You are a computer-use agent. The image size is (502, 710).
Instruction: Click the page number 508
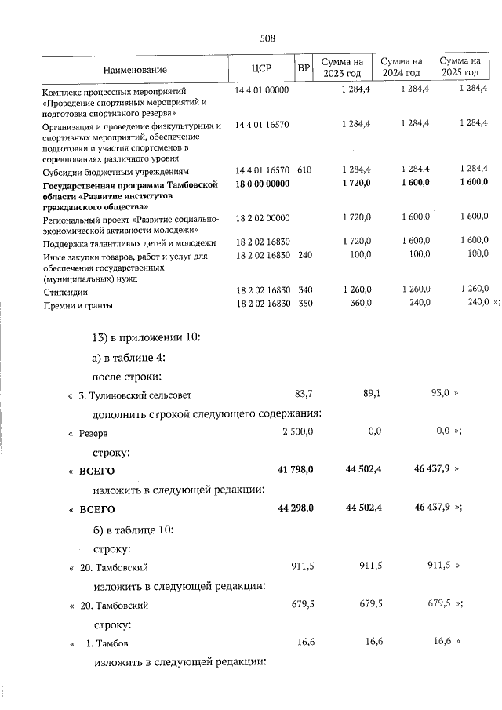point(267,38)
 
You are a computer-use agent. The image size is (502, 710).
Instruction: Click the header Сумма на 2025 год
point(460,67)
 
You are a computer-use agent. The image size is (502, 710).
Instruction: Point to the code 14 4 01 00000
point(262,90)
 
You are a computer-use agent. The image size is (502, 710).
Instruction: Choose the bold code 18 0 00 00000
point(262,183)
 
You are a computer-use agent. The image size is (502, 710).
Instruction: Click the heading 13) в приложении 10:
point(147,338)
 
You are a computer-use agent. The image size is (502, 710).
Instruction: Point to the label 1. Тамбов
point(107,644)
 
